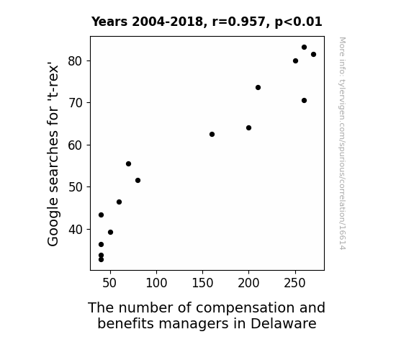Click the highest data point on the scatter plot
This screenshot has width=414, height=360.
point(304,48)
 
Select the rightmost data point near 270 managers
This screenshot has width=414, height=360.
point(313,55)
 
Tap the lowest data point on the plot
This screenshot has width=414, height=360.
point(101,260)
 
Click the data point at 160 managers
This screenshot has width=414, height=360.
point(212,134)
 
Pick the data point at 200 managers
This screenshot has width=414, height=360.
point(248,128)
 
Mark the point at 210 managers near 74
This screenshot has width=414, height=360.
point(258,87)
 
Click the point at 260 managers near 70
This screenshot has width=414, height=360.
point(304,100)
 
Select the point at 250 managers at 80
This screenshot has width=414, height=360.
point(295,60)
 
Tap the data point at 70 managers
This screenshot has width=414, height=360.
point(129,163)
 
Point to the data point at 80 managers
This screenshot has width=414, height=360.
point(138,181)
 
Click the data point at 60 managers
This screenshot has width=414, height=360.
point(119,202)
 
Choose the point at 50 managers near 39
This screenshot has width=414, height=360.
point(111,232)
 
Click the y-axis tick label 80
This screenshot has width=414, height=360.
point(76,61)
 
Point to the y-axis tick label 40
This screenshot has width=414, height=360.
point(76,230)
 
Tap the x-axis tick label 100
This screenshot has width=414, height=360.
point(156,283)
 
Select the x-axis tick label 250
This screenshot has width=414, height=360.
point(294,283)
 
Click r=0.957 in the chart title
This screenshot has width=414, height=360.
point(239,22)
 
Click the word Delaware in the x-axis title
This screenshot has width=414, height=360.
point(283,323)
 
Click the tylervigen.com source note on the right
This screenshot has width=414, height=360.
point(342,143)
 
